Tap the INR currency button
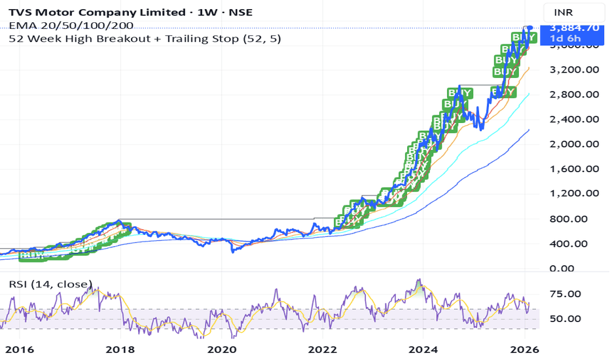click(x=564, y=12)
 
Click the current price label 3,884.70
click(x=574, y=27)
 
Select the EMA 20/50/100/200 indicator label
click(x=71, y=26)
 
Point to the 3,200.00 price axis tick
click(x=575, y=70)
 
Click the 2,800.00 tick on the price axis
click(x=575, y=95)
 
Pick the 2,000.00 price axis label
click(x=575, y=144)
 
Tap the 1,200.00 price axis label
click(x=575, y=194)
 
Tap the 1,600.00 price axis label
click(x=575, y=169)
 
